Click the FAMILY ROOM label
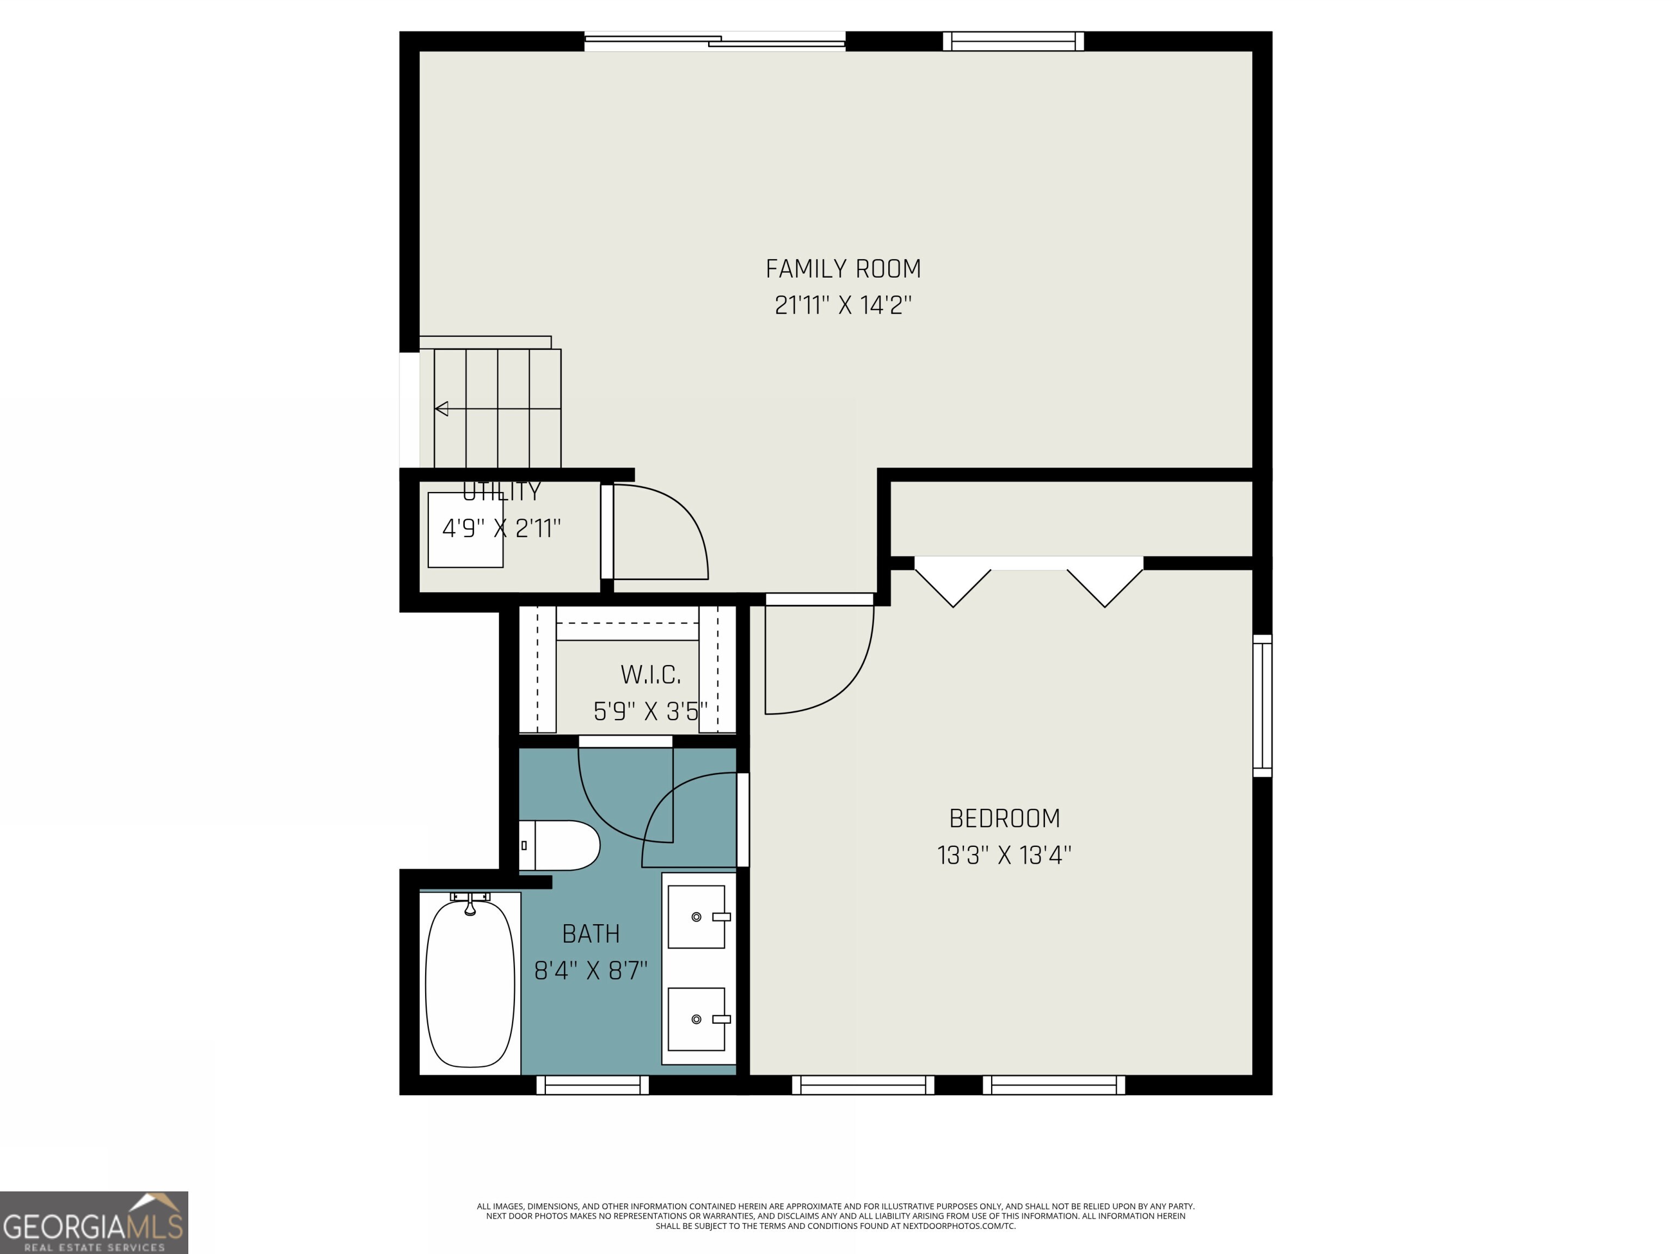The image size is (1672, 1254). click(x=843, y=269)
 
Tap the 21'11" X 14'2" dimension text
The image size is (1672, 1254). click(x=843, y=305)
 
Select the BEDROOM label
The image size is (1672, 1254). click(x=1004, y=819)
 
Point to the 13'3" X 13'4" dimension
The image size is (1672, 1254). click(x=1004, y=856)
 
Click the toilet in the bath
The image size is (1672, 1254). click(x=561, y=845)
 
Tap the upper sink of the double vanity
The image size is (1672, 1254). click(x=696, y=917)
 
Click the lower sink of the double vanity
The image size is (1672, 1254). click(x=696, y=1019)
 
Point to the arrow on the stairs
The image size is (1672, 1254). click(x=442, y=409)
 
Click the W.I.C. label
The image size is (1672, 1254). click(x=650, y=674)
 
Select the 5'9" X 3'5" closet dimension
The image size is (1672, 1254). click(x=650, y=711)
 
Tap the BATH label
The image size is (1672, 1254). click(x=591, y=935)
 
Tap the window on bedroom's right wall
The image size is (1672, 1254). click(x=1262, y=705)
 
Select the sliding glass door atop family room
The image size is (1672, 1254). click(x=714, y=41)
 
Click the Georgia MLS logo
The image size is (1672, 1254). click(x=94, y=1222)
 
